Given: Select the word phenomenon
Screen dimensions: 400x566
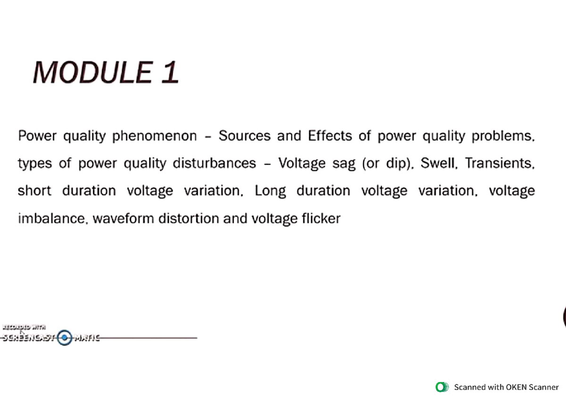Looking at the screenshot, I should click(155, 136).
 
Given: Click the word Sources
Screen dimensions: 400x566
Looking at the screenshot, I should click(244, 136).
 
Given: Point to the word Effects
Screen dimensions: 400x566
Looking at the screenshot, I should click(330, 136).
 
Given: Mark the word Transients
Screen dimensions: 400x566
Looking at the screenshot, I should click(499, 163).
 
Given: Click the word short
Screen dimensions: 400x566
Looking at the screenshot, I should click(34, 191).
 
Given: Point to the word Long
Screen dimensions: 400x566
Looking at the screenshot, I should click(270, 191).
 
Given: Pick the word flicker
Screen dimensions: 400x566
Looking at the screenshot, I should click(321, 218).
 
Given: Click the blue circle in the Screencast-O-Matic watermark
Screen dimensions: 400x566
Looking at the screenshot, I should click(65, 337).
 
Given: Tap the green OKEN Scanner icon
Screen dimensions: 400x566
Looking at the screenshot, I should click(442, 387).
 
